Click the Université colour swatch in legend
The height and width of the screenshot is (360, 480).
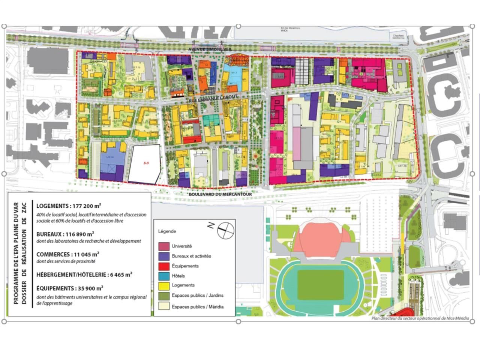(x=163, y=246)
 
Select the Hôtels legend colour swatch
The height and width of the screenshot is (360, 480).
(x=163, y=276)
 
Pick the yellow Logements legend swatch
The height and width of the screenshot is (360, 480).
(x=163, y=285)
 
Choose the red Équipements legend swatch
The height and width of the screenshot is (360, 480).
(x=163, y=266)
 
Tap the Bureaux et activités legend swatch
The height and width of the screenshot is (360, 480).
(x=163, y=256)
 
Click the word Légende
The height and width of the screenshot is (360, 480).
(x=167, y=231)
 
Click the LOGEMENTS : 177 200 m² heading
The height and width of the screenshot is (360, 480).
(x=69, y=206)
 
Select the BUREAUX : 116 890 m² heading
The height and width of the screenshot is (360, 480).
(x=65, y=234)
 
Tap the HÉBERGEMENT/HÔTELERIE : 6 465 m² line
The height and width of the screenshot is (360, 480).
(x=84, y=274)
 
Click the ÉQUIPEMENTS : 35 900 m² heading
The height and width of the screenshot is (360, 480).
(x=70, y=288)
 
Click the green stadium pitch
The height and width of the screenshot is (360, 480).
(x=321, y=285)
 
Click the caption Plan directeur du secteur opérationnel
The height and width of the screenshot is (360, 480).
(x=420, y=318)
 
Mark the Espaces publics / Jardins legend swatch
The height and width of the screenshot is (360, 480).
(x=163, y=295)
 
